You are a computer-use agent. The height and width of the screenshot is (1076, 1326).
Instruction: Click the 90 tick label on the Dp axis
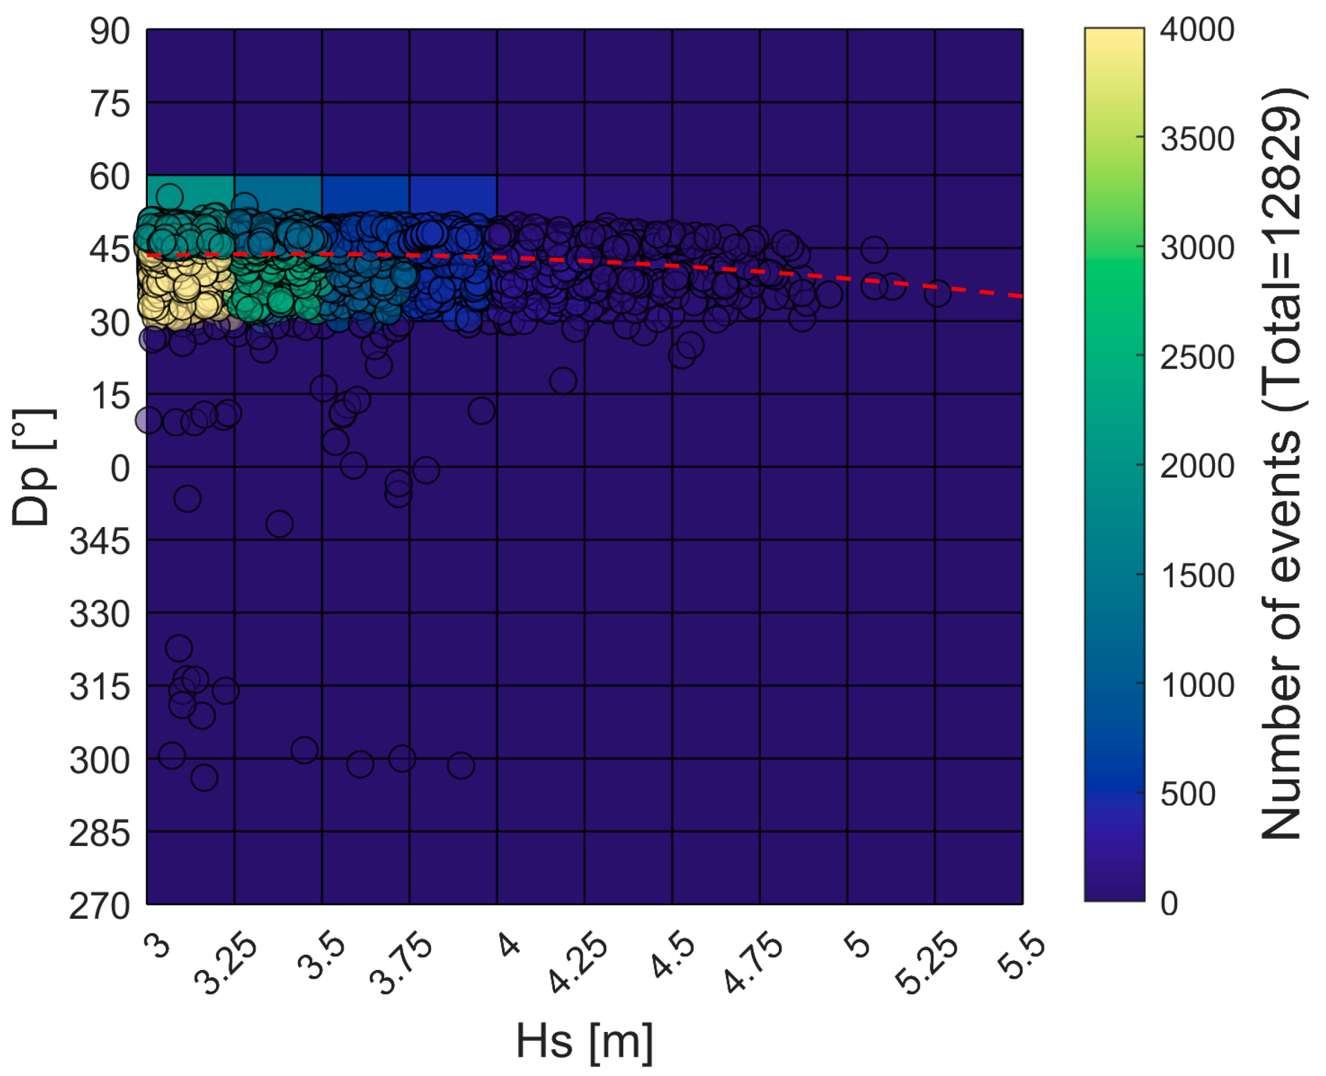tap(110, 32)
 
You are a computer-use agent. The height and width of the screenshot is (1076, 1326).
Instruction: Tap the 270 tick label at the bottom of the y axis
tap(100, 907)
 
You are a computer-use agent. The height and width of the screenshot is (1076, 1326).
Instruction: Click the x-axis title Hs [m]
tap(584, 1041)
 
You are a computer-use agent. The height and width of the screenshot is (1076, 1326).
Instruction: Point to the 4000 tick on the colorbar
tap(1197, 30)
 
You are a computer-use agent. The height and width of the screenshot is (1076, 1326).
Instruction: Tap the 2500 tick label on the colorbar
tap(1197, 358)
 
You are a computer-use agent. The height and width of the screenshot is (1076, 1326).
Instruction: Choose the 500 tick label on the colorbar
tap(1188, 795)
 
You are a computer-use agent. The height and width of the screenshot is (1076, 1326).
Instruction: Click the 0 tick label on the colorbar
tap(1169, 904)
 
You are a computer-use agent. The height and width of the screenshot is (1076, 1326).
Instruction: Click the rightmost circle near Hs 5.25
tap(937, 293)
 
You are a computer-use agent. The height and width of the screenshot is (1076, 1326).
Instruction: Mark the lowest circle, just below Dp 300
tap(204, 777)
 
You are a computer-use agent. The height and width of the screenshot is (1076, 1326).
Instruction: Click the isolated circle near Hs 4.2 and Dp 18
tap(562, 380)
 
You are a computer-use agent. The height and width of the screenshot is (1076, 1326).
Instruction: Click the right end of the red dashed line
tap(1020, 296)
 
